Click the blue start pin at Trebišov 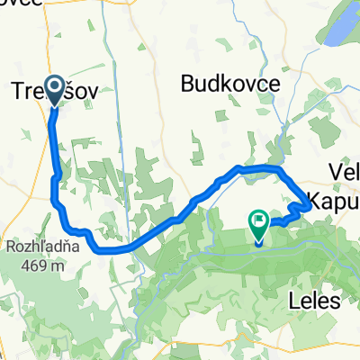(54, 88)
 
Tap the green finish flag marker (259, 219)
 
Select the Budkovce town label (230, 84)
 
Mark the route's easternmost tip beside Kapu (311, 206)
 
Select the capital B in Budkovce (187, 84)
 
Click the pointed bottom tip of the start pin (54, 106)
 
